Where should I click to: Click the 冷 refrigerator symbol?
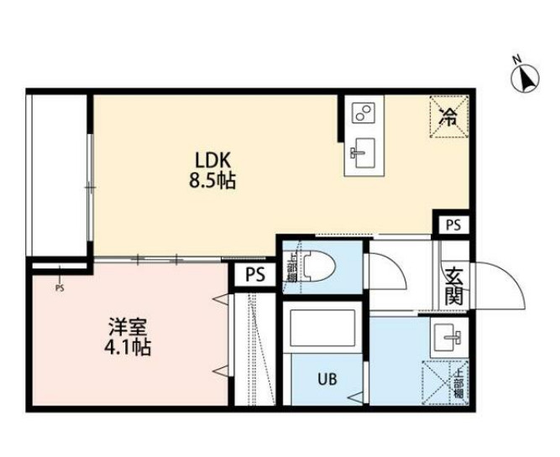coord(449,116)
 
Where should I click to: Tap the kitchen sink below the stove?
coord(364,152)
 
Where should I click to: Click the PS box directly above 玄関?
coord(453,224)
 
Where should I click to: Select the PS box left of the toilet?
coord(255,275)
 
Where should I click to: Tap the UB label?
coord(326,378)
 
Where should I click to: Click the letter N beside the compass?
coord(518,59)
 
